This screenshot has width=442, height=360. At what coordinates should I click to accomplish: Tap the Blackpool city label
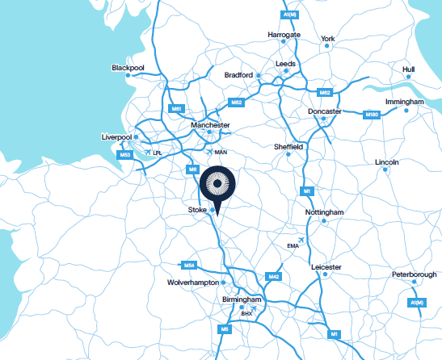(128, 68)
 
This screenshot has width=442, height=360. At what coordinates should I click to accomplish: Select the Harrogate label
(284, 36)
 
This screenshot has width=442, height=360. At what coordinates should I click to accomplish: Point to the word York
(327, 38)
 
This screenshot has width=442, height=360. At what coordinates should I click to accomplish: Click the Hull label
(408, 69)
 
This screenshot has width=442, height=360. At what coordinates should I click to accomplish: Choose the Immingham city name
(405, 103)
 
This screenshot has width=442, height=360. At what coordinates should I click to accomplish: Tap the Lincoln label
(387, 162)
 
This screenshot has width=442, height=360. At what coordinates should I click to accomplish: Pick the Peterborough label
(415, 275)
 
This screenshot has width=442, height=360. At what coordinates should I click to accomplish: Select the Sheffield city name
(288, 147)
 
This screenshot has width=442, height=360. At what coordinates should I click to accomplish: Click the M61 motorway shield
(176, 107)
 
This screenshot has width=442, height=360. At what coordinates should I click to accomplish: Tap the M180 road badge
(372, 115)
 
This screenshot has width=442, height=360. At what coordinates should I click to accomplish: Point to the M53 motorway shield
(125, 154)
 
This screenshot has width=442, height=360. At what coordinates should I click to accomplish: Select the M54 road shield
(188, 265)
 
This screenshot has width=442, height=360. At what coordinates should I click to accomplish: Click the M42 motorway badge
(274, 277)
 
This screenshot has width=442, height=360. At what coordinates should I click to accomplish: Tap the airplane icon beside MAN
(210, 151)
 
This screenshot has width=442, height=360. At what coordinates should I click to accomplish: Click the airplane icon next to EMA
(301, 240)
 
